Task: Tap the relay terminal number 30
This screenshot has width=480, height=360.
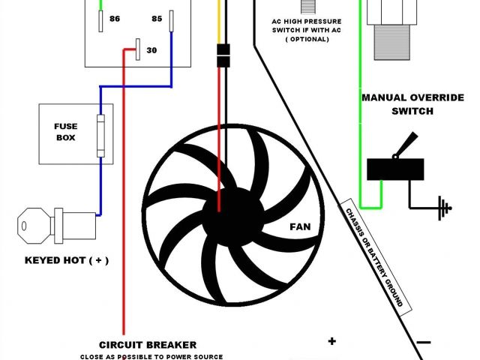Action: click(x=151, y=51)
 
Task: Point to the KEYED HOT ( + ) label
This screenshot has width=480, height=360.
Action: click(x=67, y=260)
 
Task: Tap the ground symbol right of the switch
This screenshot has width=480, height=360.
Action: click(x=444, y=206)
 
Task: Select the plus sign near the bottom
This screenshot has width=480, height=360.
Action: click(x=331, y=342)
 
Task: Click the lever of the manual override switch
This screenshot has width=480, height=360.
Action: click(x=408, y=144)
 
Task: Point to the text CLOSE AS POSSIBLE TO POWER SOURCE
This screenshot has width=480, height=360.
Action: click(x=153, y=356)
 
